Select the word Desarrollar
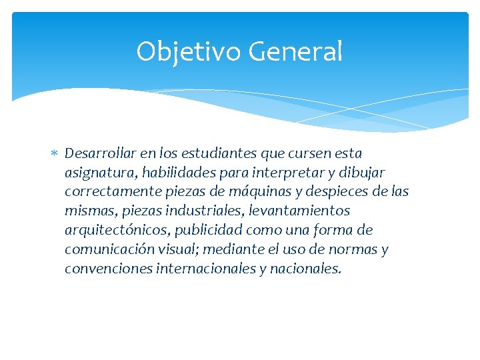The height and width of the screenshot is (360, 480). pyautogui.click(x=98, y=153)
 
